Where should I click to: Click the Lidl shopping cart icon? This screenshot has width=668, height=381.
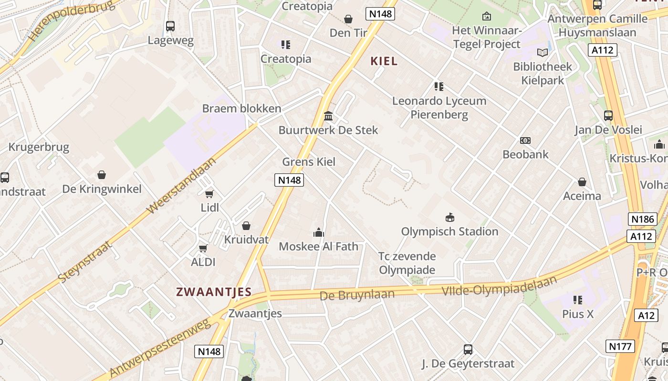[x=209, y=193]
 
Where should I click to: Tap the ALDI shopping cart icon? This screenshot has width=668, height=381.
[x=203, y=248]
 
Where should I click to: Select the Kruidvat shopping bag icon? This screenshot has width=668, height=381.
[x=246, y=226]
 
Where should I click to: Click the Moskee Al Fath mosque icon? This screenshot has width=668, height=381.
[x=318, y=232]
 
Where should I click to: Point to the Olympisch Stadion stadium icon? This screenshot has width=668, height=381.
[x=449, y=218]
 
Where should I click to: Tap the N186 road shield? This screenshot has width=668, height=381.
[x=642, y=219]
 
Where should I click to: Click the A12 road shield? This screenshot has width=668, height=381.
[x=647, y=315]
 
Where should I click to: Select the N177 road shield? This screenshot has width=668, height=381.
[x=620, y=346]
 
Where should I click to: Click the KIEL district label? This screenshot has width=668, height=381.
[x=384, y=61]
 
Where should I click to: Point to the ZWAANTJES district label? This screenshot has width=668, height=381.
[x=214, y=292]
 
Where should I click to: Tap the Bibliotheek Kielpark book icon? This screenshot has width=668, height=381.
[x=543, y=52]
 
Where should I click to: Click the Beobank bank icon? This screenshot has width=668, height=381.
[x=525, y=140]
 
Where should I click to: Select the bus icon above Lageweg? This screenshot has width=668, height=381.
[x=170, y=26]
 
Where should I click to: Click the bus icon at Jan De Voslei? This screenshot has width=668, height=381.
[x=608, y=115]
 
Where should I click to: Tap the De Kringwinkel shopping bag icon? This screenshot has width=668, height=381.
[x=102, y=175]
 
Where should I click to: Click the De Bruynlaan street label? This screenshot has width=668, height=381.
[x=357, y=295]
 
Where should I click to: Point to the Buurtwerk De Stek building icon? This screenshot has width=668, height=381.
[x=328, y=116]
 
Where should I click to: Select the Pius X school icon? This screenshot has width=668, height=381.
[x=578, y=300]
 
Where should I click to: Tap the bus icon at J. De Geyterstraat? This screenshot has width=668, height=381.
[x=468, y=350]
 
